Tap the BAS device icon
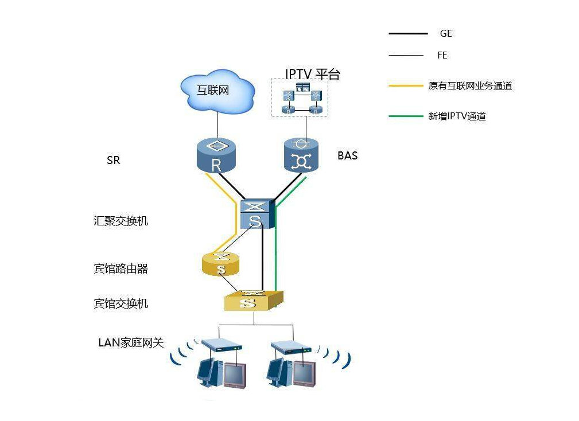click(x=301, y=155)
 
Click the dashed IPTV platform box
click(x=299, y=98)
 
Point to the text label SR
click(x=113, y=161)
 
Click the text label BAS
click(x=347, y=155)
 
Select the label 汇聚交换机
click(x=121, y=221)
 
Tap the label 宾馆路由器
click(x=121, y=268)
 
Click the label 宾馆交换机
click(x=121, y=303)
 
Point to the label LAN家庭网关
click(x=131, y=343)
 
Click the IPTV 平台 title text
click(x=312, y=75)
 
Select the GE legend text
click(x=446, y=34)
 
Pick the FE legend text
click(x=442, y=56)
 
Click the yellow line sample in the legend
click(x=408, y=86)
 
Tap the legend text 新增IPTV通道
click(x=457, y=116)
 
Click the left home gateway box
click(x=221, y=346)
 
